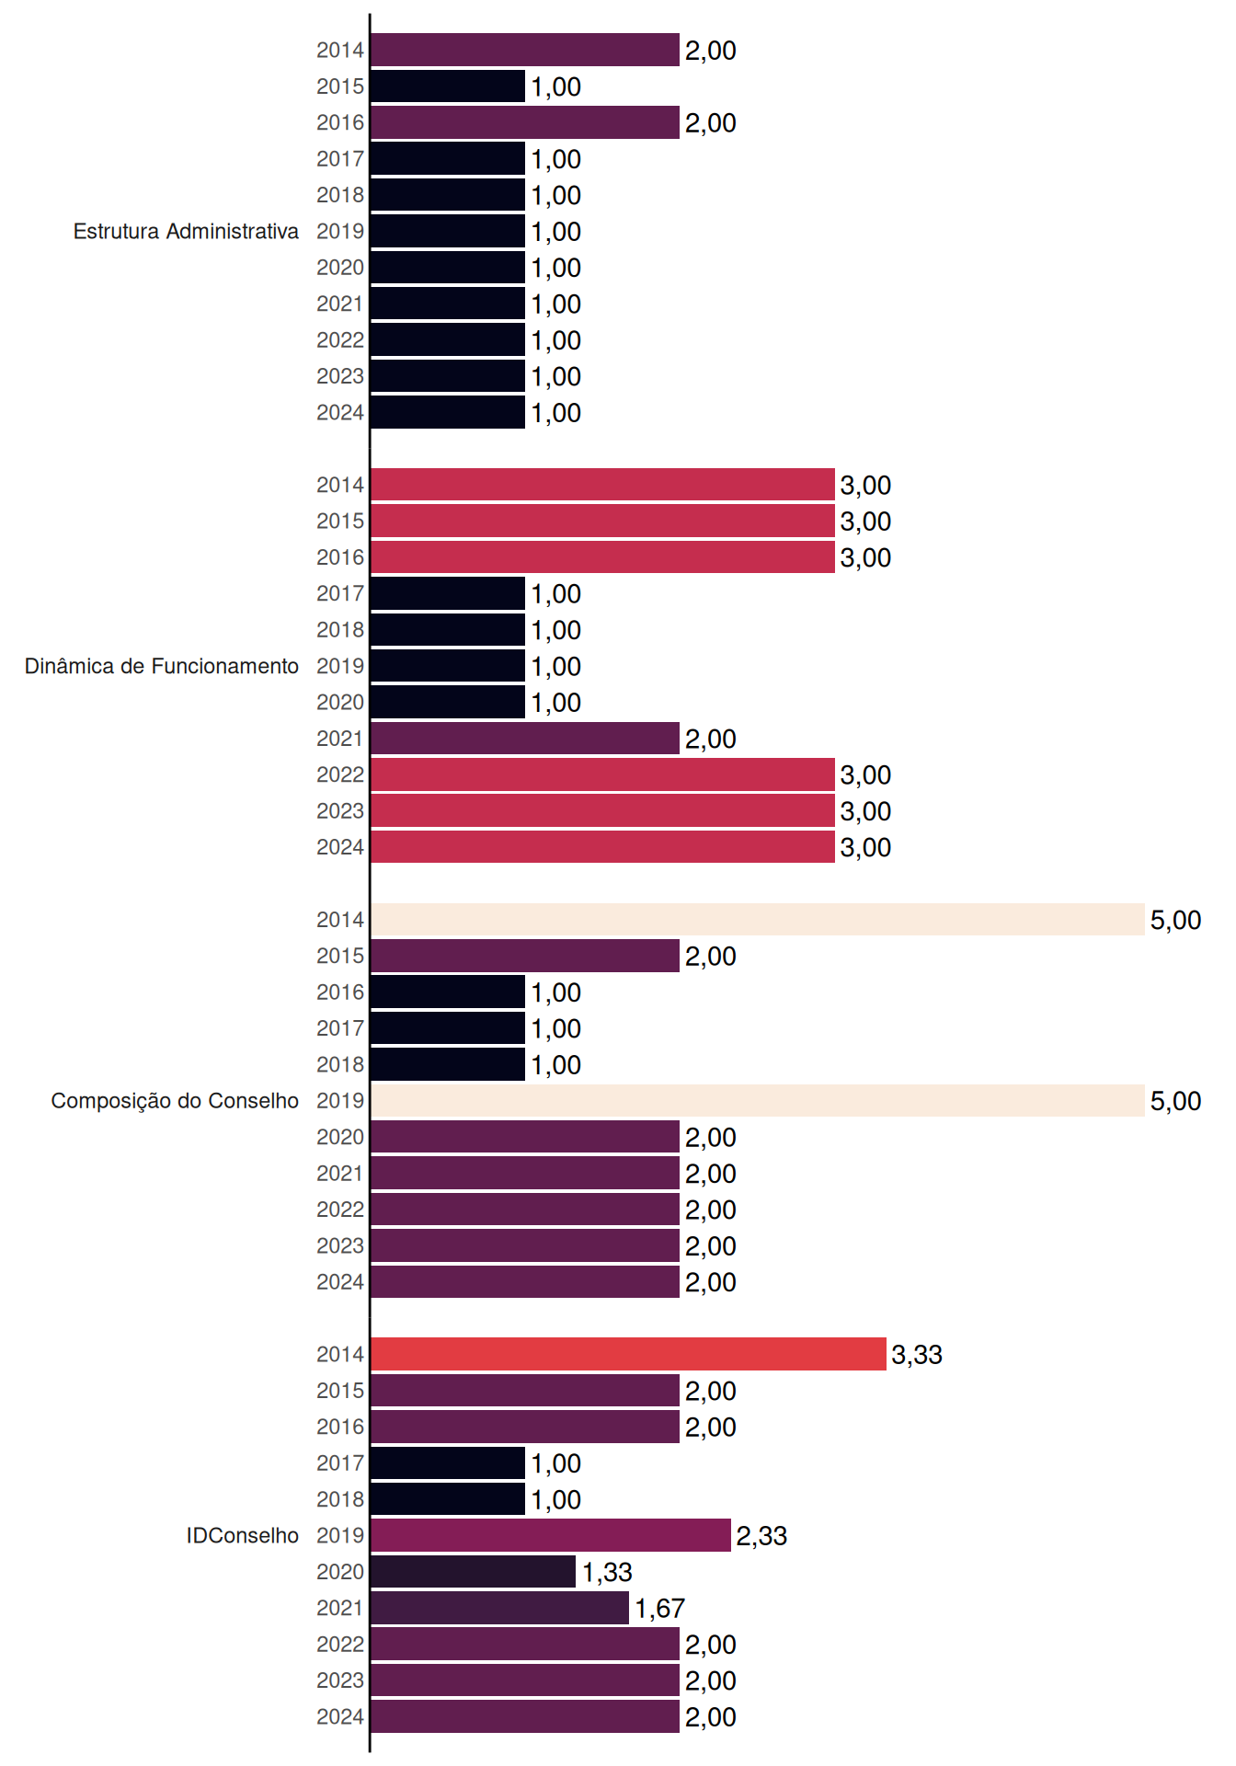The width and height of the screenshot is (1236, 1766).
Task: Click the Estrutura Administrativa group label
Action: pos(186,231)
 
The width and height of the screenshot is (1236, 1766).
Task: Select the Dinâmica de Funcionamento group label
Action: pos(162,666)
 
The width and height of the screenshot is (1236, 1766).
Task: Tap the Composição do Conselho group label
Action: pos(175,1101)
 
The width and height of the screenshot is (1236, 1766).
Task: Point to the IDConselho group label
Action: pos(243,1535)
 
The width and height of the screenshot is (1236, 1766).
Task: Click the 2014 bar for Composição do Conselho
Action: pos(758,920)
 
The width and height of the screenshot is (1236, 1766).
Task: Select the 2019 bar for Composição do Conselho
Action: pos(758,1101)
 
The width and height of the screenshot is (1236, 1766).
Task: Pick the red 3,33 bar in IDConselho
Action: pos(629,1354)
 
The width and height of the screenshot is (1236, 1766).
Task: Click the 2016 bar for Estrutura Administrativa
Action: pos(525,122)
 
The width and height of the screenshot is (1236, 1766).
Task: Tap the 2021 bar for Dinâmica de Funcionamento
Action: pos(525,739)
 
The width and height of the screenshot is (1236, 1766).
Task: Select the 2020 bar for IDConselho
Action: pos(474,1572)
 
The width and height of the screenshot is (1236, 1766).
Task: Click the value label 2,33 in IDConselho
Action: pos(761,1536)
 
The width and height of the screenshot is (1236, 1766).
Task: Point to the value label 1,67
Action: pos(659,1609)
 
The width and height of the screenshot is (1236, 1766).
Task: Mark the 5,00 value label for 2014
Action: pos(1175,921)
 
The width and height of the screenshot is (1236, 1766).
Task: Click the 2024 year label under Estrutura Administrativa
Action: pos(340,413)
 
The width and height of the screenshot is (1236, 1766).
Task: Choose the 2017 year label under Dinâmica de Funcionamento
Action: pos(340,594)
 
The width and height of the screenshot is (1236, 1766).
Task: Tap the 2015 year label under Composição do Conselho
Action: pos(340,957)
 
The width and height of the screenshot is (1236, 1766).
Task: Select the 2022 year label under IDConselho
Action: pos(340,1645)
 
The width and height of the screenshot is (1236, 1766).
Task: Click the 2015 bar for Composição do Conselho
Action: pos(525,956)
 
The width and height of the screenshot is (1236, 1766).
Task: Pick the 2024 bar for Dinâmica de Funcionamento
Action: pos(603,847)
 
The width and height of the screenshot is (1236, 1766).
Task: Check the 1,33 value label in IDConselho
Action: pos(607,1573)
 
